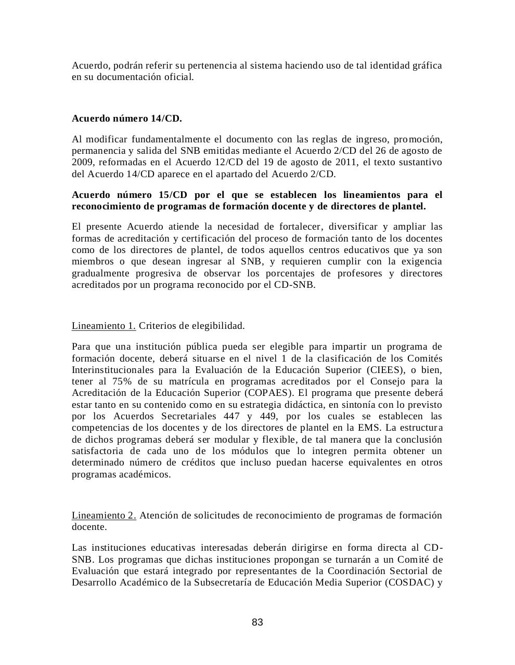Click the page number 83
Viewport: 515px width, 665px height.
tap(257, 622)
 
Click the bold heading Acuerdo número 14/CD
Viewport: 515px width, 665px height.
tap(126, 118)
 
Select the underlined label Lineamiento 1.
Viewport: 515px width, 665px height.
tap(104, 326)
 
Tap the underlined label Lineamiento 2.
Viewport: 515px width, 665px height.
tap(104, 515)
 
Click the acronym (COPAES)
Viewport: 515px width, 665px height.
tap(278, 393)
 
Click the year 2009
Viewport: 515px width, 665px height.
tap(83, 162)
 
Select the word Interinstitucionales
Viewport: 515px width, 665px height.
tap(113, 370)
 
